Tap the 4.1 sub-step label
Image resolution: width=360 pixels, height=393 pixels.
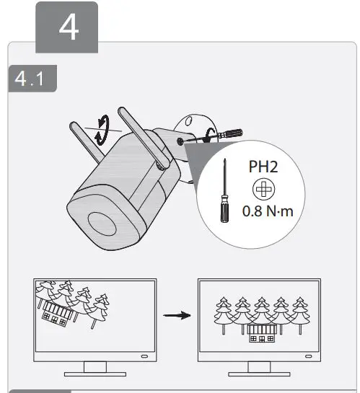tap(31, 79)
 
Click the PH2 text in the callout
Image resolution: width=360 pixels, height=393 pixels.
tap(264, 167)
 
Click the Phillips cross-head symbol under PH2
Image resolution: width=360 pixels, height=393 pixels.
tap(263, 188)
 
